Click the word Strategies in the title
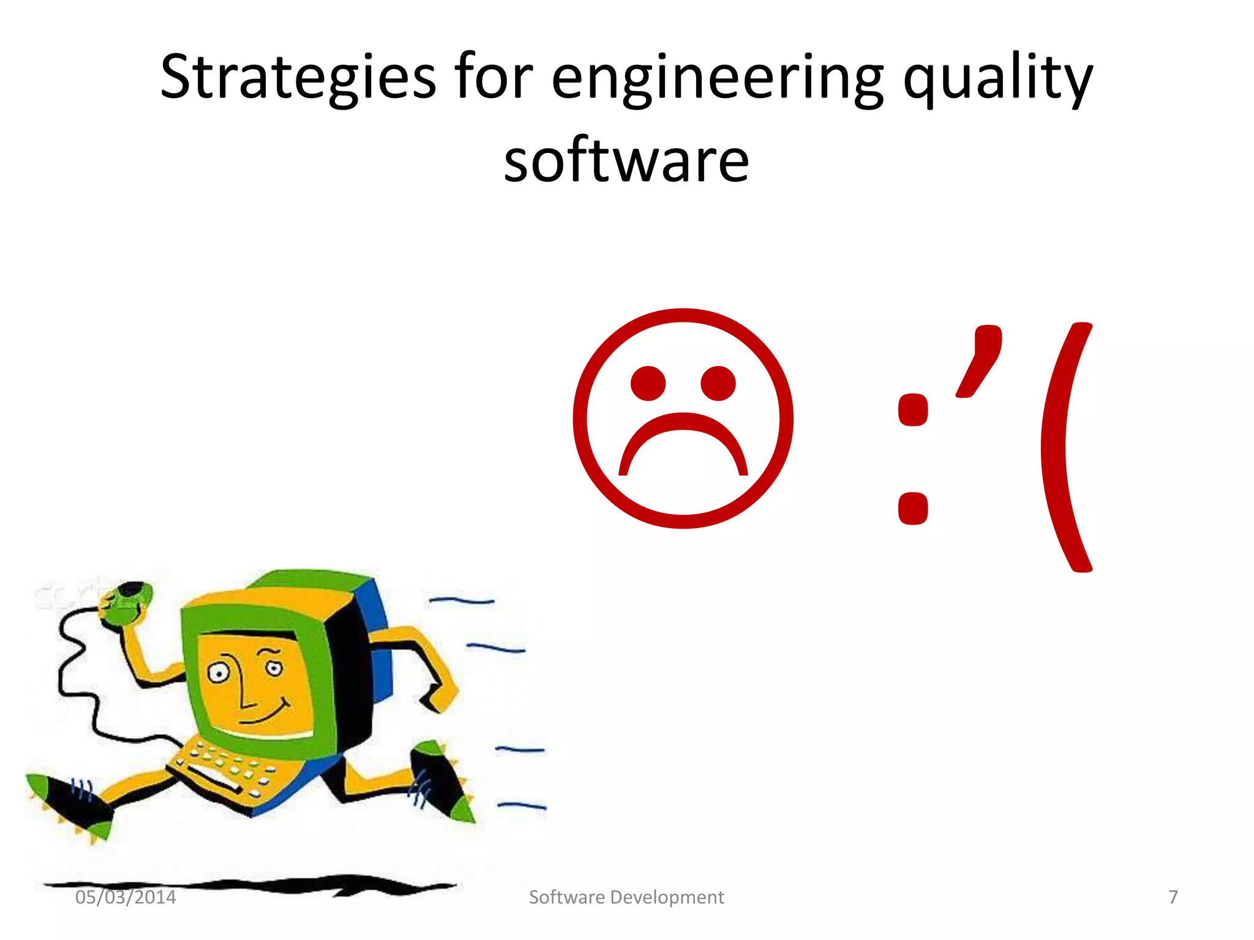(x=298, y=76)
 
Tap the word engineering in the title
(x=717, y=78)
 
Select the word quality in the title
(x=997, y=78)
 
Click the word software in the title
(x=626, y=160)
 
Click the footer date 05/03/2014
(x=126, y=897)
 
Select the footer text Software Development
(x=626, y=897)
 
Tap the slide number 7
(x=1173, y=897)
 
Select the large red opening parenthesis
(x=1065, y=447)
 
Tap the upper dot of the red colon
(x=912, y=410)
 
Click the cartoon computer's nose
(x=245, y=685)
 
